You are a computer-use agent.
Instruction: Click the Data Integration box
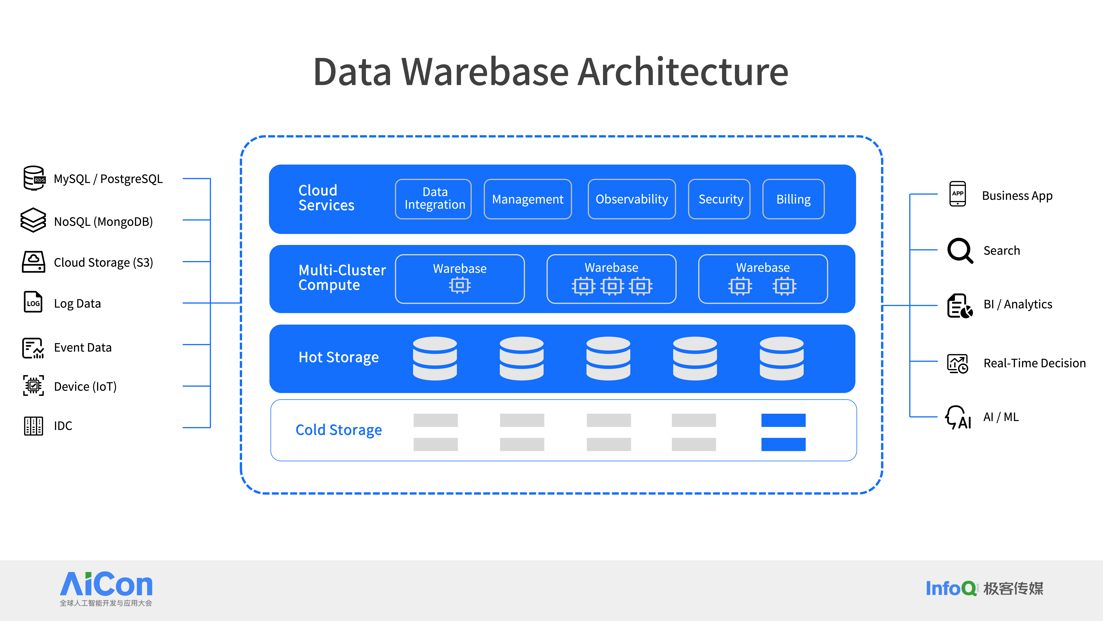[x=433, y=199]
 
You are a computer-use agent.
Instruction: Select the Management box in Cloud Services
[x=528, y=199]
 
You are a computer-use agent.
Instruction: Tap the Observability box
[x=632, y=199]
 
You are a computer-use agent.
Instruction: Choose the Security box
[x=719, y=199]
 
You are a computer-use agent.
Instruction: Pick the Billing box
[x=793, y=199]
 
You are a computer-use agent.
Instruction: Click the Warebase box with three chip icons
[x=611, y=279]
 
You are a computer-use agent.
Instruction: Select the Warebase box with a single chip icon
[x=460, y=279]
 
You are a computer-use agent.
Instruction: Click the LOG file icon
[x=33, y=302]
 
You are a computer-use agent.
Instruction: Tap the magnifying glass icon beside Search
[x=960, y=250]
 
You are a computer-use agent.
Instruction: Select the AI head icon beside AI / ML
[x=958, y=417]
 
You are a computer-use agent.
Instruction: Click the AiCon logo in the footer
[x=106, y=588]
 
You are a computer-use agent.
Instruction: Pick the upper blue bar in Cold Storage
[x=783, y=420]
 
